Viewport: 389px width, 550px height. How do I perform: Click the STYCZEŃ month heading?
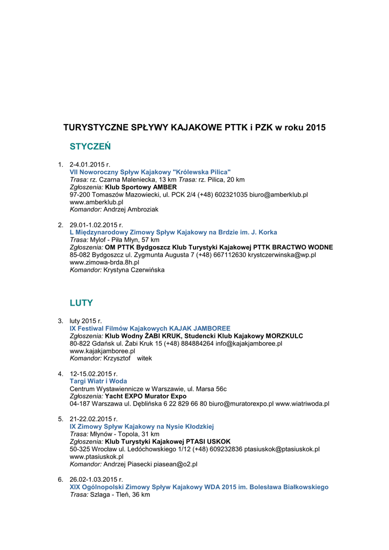pos(90,146)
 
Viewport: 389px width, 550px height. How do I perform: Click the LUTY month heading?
pos(82,303)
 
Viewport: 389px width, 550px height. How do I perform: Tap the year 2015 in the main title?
pos(315,128)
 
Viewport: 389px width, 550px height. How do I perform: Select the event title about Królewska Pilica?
pos(150,172)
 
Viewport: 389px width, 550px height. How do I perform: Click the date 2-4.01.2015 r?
pos(90,164)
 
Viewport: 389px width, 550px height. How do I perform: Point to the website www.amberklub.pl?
pos(97,202)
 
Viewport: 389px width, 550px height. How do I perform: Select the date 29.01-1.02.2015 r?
pos(97,225)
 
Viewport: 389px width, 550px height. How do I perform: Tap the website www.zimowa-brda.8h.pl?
pos(105,263)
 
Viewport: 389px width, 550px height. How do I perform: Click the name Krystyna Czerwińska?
pos(134,270)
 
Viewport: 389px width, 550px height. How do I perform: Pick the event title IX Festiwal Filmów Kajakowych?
pos(150,328)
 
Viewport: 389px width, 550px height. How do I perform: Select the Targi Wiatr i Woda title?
pos(98,381)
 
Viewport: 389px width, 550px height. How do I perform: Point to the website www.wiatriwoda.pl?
pos(302,403)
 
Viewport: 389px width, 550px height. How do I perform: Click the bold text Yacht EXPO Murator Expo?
pos(146,396)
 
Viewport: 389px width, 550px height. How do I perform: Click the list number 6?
pos(61,479)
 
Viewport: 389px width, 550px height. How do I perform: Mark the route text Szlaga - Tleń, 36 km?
pos(120,494)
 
